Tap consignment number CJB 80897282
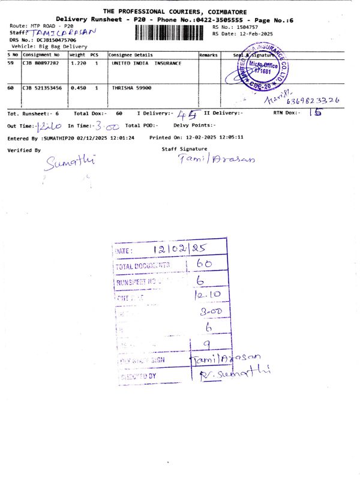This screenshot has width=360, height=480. click(41, 62)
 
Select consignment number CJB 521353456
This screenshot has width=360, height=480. click(42, 88)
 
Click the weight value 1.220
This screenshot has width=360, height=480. click(79, 62)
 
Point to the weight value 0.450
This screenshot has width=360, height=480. click(79, 88)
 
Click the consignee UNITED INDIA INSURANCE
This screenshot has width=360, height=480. click(146, 62)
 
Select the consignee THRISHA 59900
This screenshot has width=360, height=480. click(131, 88)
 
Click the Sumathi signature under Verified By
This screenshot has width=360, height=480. click(69, 162)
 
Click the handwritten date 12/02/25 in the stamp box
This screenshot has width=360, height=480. click(178, 249)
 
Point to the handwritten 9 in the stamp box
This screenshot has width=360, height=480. click(206, 344)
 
